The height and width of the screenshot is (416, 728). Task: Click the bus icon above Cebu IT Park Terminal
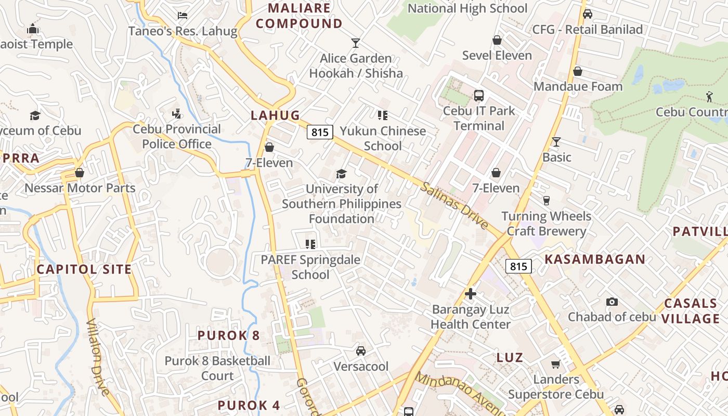point(478,96)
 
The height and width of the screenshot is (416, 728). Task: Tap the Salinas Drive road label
point(455,205)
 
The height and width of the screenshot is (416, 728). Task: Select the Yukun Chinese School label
point(383,138)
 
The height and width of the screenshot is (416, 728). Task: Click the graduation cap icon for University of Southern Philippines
point(341,174)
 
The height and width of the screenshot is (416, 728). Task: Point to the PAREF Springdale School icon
point(310,244)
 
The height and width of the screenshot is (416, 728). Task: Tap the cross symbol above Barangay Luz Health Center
point(471,294)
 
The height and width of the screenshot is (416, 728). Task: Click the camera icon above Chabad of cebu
point(612,302)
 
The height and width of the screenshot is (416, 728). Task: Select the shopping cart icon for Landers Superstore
point(555,364)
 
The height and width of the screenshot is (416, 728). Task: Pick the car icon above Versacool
point(361,351)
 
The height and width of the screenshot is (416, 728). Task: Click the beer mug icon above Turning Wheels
point(546,201)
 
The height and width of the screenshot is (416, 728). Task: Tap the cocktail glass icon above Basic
point(556,142)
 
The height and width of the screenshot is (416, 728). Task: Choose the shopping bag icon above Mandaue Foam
point(577,71)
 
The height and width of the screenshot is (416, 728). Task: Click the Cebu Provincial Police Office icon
point(177,114)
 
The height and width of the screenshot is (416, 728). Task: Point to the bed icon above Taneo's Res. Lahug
point(182,16)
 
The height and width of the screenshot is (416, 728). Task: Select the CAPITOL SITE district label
point(84,269)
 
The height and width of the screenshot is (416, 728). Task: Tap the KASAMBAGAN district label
point(594,259)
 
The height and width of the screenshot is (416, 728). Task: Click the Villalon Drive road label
point(97,357)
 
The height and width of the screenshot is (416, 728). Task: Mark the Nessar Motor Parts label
point(80,188)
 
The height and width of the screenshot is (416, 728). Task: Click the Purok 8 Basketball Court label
point(217,368)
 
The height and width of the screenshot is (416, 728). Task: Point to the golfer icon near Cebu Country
point(709,96)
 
